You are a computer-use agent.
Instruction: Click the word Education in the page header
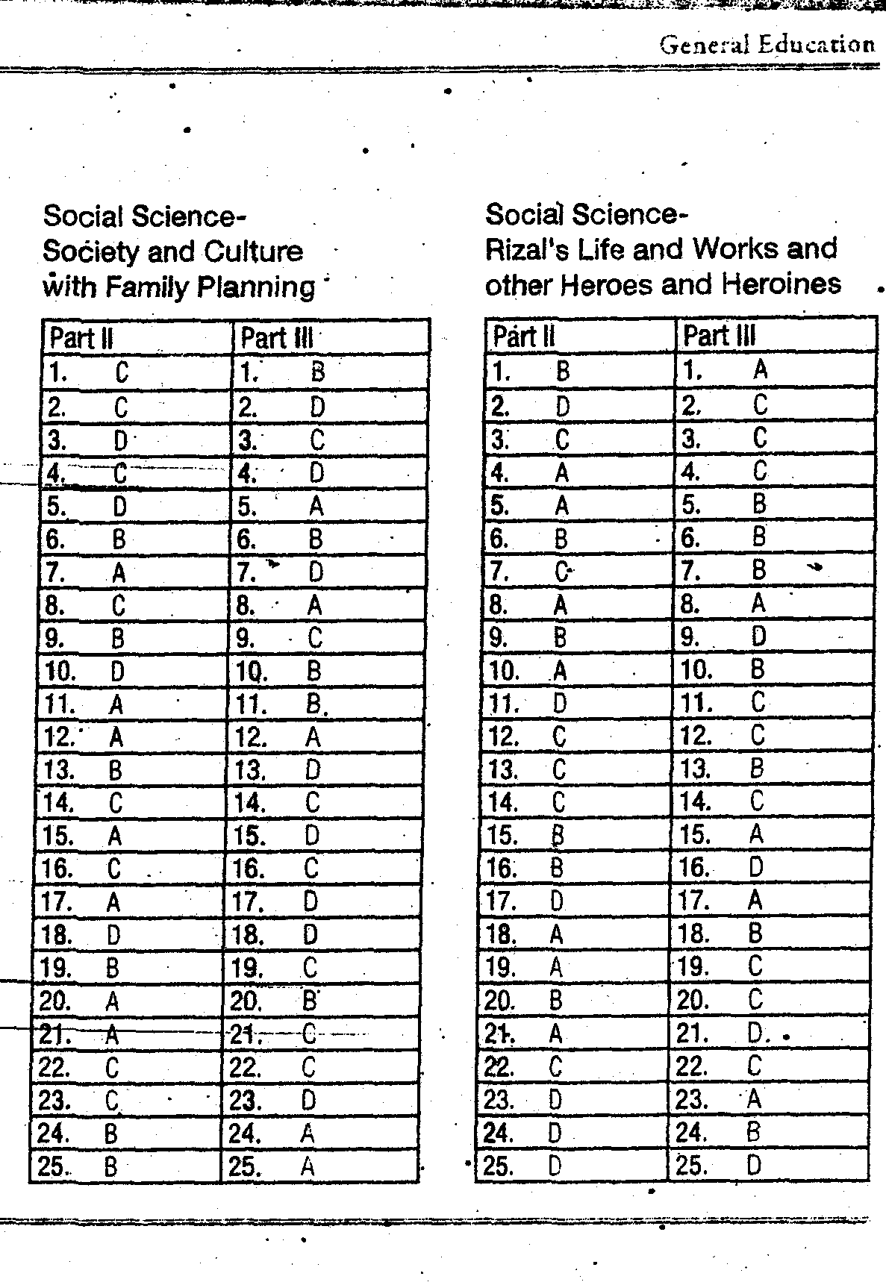click(816, 45)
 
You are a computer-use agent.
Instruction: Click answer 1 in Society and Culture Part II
click(122, 372)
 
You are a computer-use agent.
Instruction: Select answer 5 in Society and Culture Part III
click(316, 507)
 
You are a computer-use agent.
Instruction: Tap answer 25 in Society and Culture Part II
click(110, 1166)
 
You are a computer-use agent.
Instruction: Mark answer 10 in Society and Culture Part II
click(117, 672)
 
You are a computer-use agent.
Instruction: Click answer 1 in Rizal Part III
click(760, 369)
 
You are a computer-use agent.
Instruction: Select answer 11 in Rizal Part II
click(560, 703)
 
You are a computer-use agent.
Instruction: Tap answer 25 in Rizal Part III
click(754, 1165)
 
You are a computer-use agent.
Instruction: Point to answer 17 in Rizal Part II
click(557, 901)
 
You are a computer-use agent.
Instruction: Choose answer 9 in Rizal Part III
click(758, 637)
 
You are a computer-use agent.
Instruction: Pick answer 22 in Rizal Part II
click(555, 1066)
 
